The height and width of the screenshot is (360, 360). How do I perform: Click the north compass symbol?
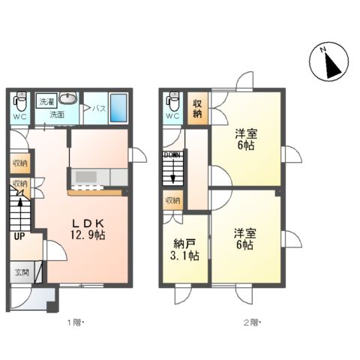pos(328,62)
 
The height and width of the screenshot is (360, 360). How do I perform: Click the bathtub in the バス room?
pos(118,106)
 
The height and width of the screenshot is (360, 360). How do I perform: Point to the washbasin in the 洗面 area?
pos(69,100)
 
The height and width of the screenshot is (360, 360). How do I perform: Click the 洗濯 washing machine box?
pos(46,100)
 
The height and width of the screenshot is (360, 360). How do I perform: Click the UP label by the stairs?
pos(16,235)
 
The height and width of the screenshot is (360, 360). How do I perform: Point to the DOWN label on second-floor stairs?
pos(172,155)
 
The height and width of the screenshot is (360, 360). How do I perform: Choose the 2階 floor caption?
pos(250,322)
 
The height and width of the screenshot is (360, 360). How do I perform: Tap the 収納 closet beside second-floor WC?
pos(196,108)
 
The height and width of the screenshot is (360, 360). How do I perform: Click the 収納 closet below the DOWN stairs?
pos(172,200)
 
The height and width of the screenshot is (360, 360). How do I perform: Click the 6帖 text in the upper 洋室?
pos(247,145)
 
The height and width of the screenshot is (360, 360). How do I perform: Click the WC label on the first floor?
pos(19,117)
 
